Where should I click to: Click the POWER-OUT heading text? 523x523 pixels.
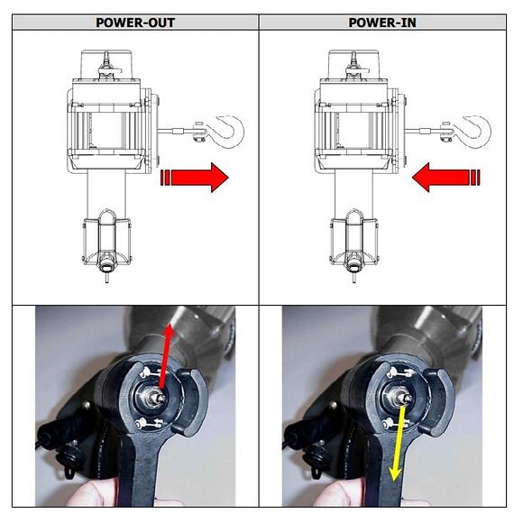click(135, 23)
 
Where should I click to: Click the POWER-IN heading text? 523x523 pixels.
click(382, 23)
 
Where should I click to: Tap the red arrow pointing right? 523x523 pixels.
click(195, 178)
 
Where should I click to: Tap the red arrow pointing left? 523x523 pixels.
click(446, 178)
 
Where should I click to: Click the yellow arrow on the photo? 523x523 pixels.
click(399, 443)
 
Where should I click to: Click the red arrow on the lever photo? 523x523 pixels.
click(165, 356)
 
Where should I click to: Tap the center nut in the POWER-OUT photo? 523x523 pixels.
click(157, 397)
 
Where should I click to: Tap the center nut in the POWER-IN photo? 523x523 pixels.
click(404, 397)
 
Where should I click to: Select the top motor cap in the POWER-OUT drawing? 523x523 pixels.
click(106, 64)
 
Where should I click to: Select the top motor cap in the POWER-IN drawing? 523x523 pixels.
click(353, 64)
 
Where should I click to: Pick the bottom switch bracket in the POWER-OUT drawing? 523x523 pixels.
click(106, 241)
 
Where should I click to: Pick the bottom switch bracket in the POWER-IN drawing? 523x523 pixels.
click(353, 241)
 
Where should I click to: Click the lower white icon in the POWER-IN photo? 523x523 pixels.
click(396, 424)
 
